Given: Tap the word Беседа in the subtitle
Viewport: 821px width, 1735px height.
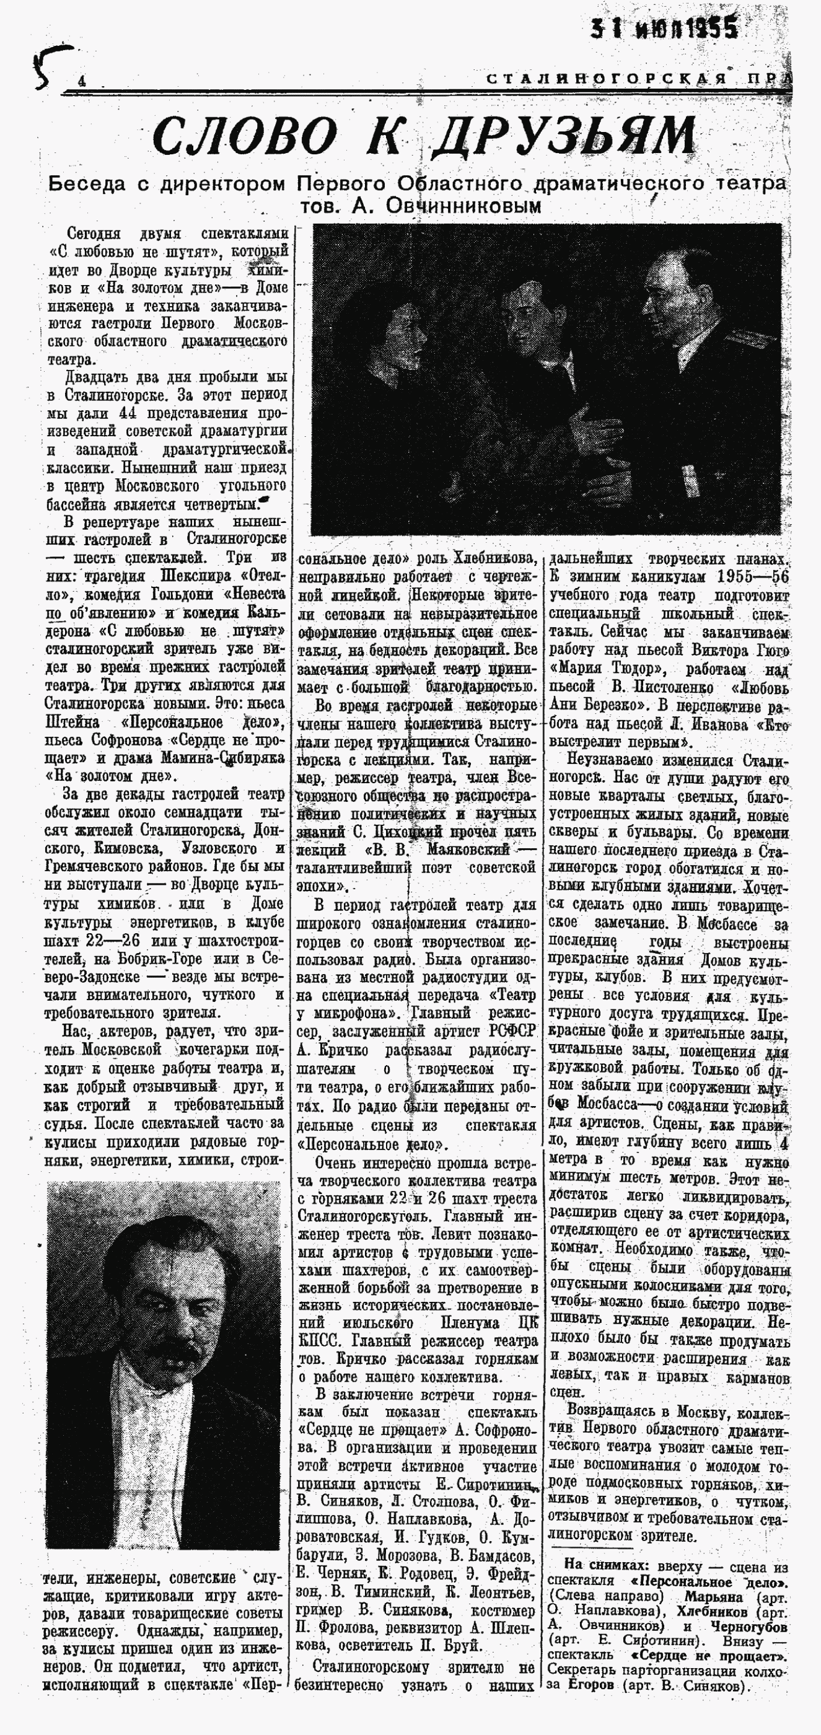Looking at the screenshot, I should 87,184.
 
